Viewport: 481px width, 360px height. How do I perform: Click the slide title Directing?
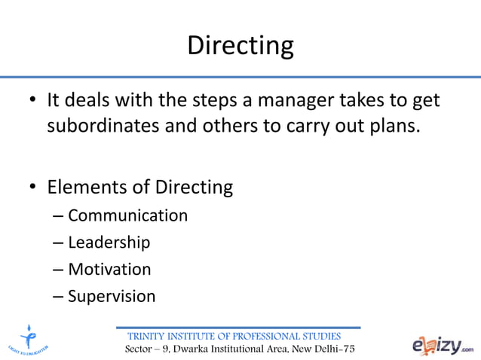tap(240, 45)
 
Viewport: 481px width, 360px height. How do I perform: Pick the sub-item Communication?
tap(127, 216)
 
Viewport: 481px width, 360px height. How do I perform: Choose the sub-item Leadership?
tap(109, 243)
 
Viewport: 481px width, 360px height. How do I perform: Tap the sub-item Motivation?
tap(109, 269)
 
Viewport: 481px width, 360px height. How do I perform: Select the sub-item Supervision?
tap(112, 296)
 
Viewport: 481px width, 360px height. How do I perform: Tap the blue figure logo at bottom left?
tap(29, 337)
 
